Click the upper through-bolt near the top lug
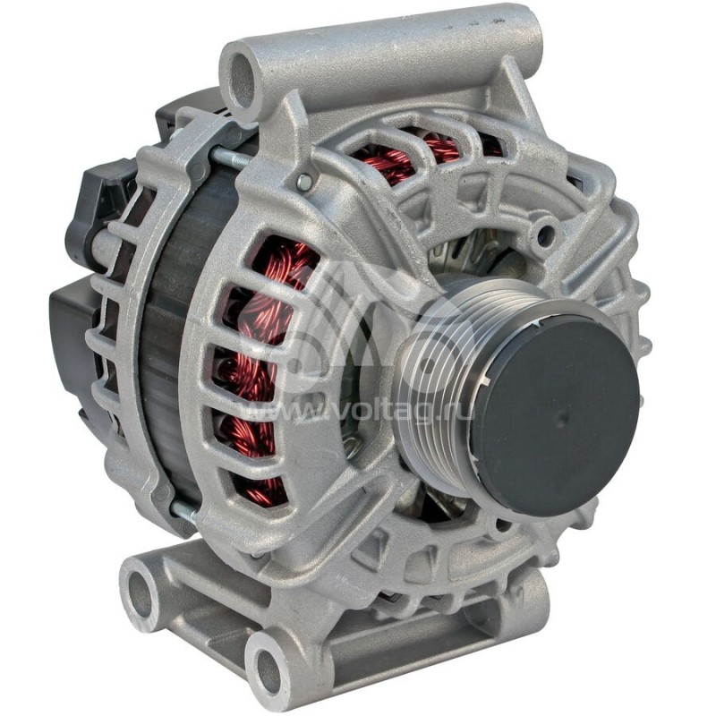pos(229,158)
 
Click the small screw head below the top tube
pos(304,183)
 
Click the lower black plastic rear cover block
pos(72,340)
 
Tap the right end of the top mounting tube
pos(524,36)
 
